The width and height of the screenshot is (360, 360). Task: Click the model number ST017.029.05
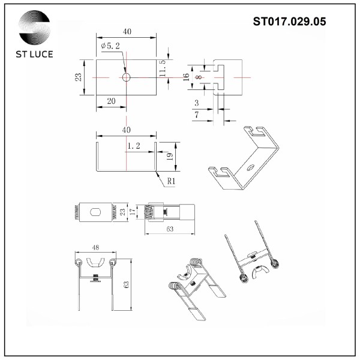click(x=290, y=22)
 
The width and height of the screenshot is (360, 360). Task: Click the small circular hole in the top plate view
click(x=127, y=78)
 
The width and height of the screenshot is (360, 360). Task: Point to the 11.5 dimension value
click(x=163, y=68)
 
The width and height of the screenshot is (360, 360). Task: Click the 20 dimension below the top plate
click(x=111, y=101)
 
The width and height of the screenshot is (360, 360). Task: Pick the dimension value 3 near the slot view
click(x=196, y=103)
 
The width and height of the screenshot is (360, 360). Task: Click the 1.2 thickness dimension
click(x=134, y=146)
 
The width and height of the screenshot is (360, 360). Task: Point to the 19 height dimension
click(x=170, y=157)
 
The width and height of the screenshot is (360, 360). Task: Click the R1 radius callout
click(x=170, y=180)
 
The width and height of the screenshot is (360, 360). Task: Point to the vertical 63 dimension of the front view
click(x=125, y=286)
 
